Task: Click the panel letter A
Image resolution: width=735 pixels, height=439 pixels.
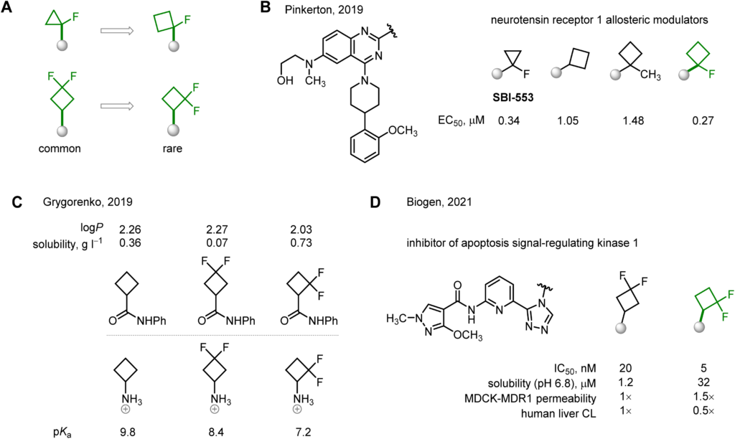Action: (x=6, y=8)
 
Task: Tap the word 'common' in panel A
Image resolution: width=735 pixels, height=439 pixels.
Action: (x=60, y=148)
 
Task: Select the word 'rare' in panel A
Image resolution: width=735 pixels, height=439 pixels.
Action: (x=172, y=148)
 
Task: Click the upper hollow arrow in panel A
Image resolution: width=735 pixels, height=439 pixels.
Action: (x=117, y=31)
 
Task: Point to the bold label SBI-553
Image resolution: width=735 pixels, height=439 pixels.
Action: (x=513, y=98)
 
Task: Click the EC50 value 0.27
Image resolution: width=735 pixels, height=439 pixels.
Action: (x=703, y=121)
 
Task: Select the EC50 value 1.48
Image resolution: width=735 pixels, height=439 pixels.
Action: (x=633, y=121)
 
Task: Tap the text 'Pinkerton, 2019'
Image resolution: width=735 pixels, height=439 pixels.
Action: (x=324, y=9)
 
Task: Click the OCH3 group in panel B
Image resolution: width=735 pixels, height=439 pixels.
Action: (x=403, y=131)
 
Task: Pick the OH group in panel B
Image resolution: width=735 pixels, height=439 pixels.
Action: (x=285, y=80)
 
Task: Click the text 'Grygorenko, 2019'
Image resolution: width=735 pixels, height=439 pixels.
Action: (x=88, y=202)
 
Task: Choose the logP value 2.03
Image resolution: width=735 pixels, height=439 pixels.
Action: (x=301, y=230)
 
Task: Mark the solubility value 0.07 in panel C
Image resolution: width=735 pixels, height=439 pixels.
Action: (x=217, y=242)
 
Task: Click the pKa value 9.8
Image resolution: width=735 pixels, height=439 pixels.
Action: (x=128, y=431)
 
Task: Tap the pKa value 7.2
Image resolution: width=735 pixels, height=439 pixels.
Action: (x=303, y=431)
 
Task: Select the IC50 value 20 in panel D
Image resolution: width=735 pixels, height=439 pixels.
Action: (x=625, y=368)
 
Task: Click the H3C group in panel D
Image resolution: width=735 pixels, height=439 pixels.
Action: (x=396, y=319)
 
